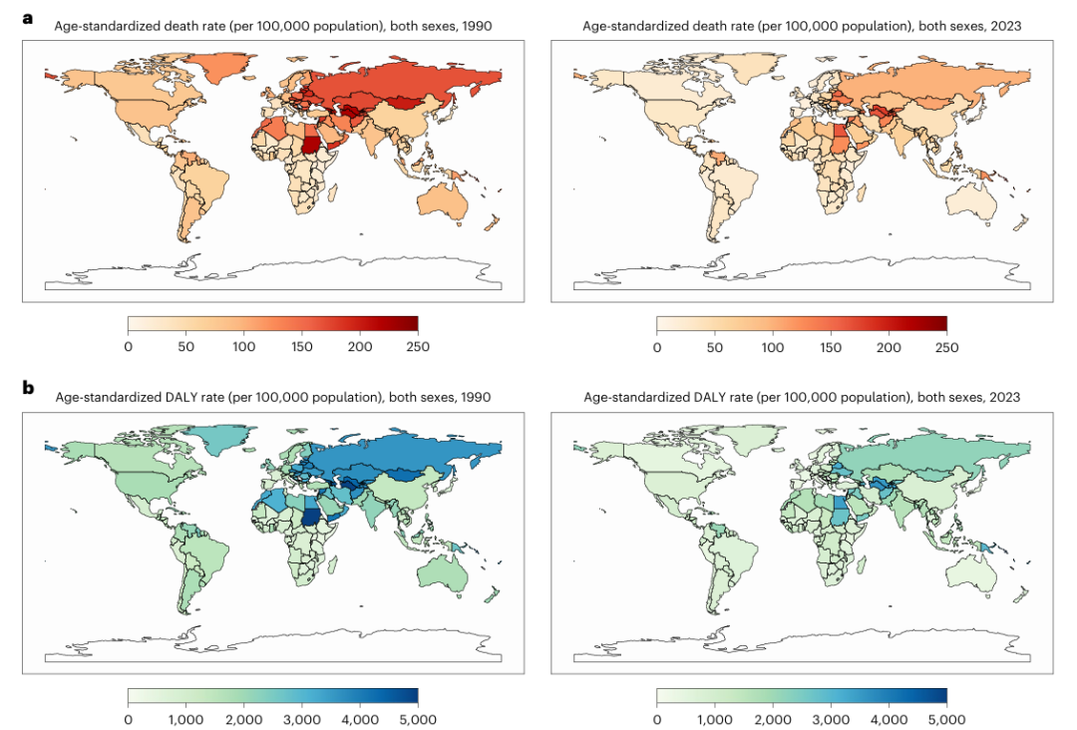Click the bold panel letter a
(x=28, y=18)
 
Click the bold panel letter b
(x=28, y=388)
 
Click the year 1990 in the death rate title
(x=477, y=26)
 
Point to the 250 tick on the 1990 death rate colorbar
(x=418, y=347)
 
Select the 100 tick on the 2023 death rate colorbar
(x=773, y=347)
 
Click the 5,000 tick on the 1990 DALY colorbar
(x=418, y=719)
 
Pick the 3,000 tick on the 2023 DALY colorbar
(x=831, y=719)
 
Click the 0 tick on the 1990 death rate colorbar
(x=129, y=347)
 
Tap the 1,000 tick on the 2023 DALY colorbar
(x=715, y=719)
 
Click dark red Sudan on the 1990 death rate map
(x=312, y=147)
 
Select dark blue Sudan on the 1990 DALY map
(x=312, y=519)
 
